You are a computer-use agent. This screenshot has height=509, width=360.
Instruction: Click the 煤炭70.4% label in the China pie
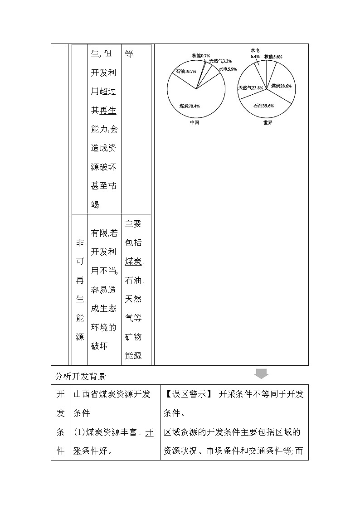click(190, 106)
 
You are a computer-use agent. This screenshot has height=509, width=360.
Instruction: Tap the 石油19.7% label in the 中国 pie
click(186, 71)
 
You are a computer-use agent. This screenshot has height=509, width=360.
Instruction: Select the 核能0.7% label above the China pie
click(200, 55)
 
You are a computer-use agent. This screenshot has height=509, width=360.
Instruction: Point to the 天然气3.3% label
click(220, 61)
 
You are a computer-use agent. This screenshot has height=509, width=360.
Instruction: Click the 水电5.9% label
click(228, 69)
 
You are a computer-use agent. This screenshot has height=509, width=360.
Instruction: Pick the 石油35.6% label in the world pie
click(263, 106)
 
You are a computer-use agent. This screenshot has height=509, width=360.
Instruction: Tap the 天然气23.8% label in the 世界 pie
click(251, 87)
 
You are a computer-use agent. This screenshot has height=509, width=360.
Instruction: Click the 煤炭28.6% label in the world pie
click(281, 86)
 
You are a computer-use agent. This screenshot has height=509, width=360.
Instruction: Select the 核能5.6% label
click(273, 57)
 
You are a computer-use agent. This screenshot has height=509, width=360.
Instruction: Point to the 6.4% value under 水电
click(255, 57)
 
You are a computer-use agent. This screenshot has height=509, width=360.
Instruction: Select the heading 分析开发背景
click(80, 376)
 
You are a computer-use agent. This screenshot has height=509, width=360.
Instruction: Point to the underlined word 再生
click(108, 110)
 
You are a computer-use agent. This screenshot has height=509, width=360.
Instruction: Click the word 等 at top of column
click(129, 54)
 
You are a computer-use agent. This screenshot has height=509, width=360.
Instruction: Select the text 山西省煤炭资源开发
click(112, 394)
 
